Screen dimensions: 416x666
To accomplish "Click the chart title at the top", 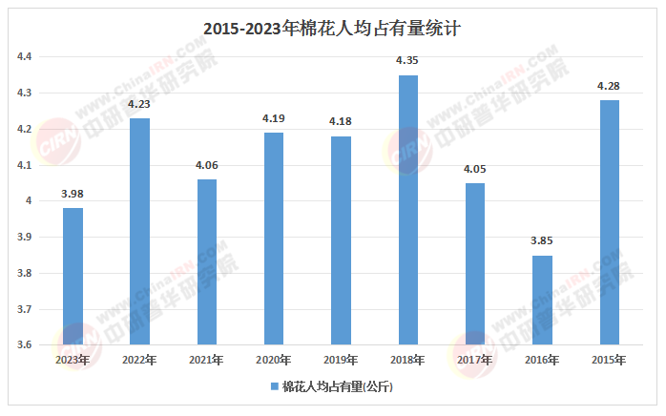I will (332, 29).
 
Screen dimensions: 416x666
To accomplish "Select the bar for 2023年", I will (73, 277).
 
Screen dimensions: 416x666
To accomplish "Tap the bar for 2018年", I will (408, 210).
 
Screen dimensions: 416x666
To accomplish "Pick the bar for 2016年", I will (542, 301).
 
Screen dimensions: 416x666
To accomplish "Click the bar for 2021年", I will (207, 262).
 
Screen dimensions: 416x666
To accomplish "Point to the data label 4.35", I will (408, 62).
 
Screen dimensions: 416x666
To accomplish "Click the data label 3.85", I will (542, 242).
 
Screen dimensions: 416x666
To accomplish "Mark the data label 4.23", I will (140, 105).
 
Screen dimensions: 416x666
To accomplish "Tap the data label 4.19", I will (274, 119).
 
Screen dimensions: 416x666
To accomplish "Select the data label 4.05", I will (475, 170).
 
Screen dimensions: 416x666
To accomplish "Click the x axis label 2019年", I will (341, 361).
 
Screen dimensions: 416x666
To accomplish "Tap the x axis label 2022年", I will (140, 361).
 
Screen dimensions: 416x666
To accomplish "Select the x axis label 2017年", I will (475, 361).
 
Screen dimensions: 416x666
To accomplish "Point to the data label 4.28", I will (609, 87).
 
